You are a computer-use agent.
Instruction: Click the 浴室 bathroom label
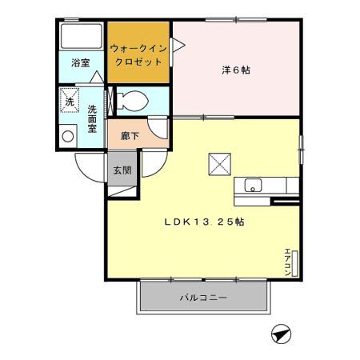pos(80,62)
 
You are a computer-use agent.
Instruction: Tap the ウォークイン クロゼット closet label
pos(139,54)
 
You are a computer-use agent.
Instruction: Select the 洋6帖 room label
pos(236,70)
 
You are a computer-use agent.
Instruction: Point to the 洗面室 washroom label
pos(92,119)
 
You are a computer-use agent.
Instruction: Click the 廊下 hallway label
pos(130,136)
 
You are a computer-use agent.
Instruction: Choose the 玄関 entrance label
pos(122,170)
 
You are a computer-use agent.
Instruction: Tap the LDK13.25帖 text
pos(204,222)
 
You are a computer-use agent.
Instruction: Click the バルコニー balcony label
pos(202,298)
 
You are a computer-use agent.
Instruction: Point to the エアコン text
pos(287,263)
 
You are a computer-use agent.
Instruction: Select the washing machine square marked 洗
pos(70,101)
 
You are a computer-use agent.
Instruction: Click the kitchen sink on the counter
pos(253,186)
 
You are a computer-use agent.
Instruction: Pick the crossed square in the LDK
pos(220,162)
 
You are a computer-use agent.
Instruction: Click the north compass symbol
pos(281,334)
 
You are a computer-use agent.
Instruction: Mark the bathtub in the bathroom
pos(80,35)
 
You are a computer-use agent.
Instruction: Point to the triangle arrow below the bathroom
pos(95,78)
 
